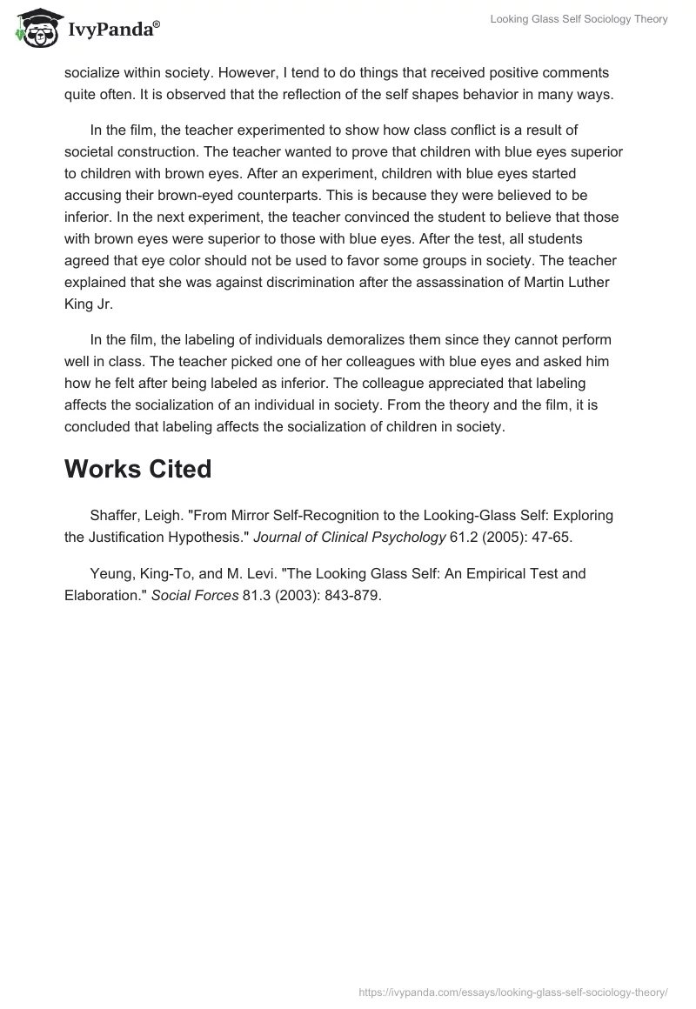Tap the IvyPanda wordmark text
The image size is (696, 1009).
tap(112, 30)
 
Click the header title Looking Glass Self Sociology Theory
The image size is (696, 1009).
tap(578, 19)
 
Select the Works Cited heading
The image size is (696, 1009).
tap(137, 469)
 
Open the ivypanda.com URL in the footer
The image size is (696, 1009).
tap(513, 992)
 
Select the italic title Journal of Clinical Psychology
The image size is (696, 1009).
tap(350, 537)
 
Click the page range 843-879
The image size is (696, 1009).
tap(351, 596)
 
